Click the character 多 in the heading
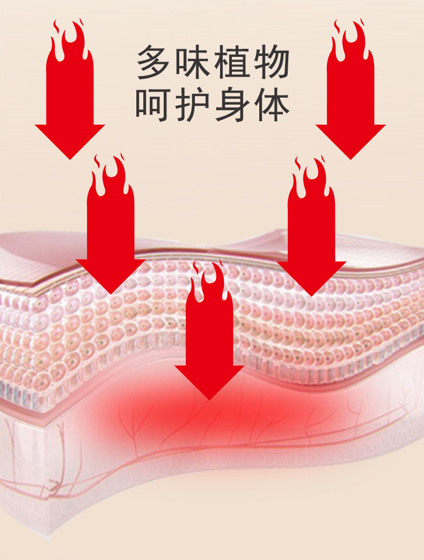click(155, 63)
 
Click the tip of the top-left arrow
click(70, 158)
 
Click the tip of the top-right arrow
click(350, 158)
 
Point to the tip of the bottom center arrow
click(209, 399)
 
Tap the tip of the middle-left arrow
click(111, 293)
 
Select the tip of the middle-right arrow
click(311, 294)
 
